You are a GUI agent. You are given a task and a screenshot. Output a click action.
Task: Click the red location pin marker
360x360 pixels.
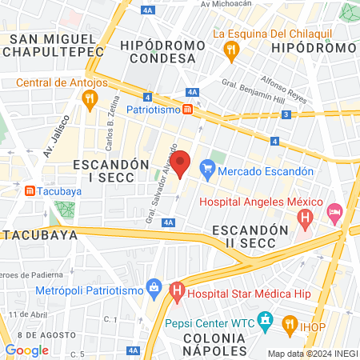(x=181, y=164)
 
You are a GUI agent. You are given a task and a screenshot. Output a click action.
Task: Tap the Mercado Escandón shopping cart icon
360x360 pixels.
(x=208, y=169)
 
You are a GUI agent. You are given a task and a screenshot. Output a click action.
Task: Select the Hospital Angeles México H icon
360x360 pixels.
(x=304, y=217)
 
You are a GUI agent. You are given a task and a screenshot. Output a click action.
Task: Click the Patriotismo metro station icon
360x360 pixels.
(x=186, y=109)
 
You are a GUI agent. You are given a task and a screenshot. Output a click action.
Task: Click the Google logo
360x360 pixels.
(x=27, y=350)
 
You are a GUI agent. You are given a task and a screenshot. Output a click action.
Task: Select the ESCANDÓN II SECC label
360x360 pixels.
(x=250, y=236)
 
